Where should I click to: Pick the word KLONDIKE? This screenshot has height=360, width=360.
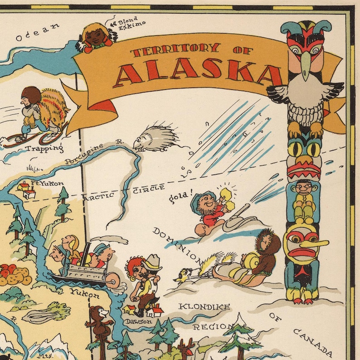coord(204,306)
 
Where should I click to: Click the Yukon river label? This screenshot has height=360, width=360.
coord(84,295)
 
